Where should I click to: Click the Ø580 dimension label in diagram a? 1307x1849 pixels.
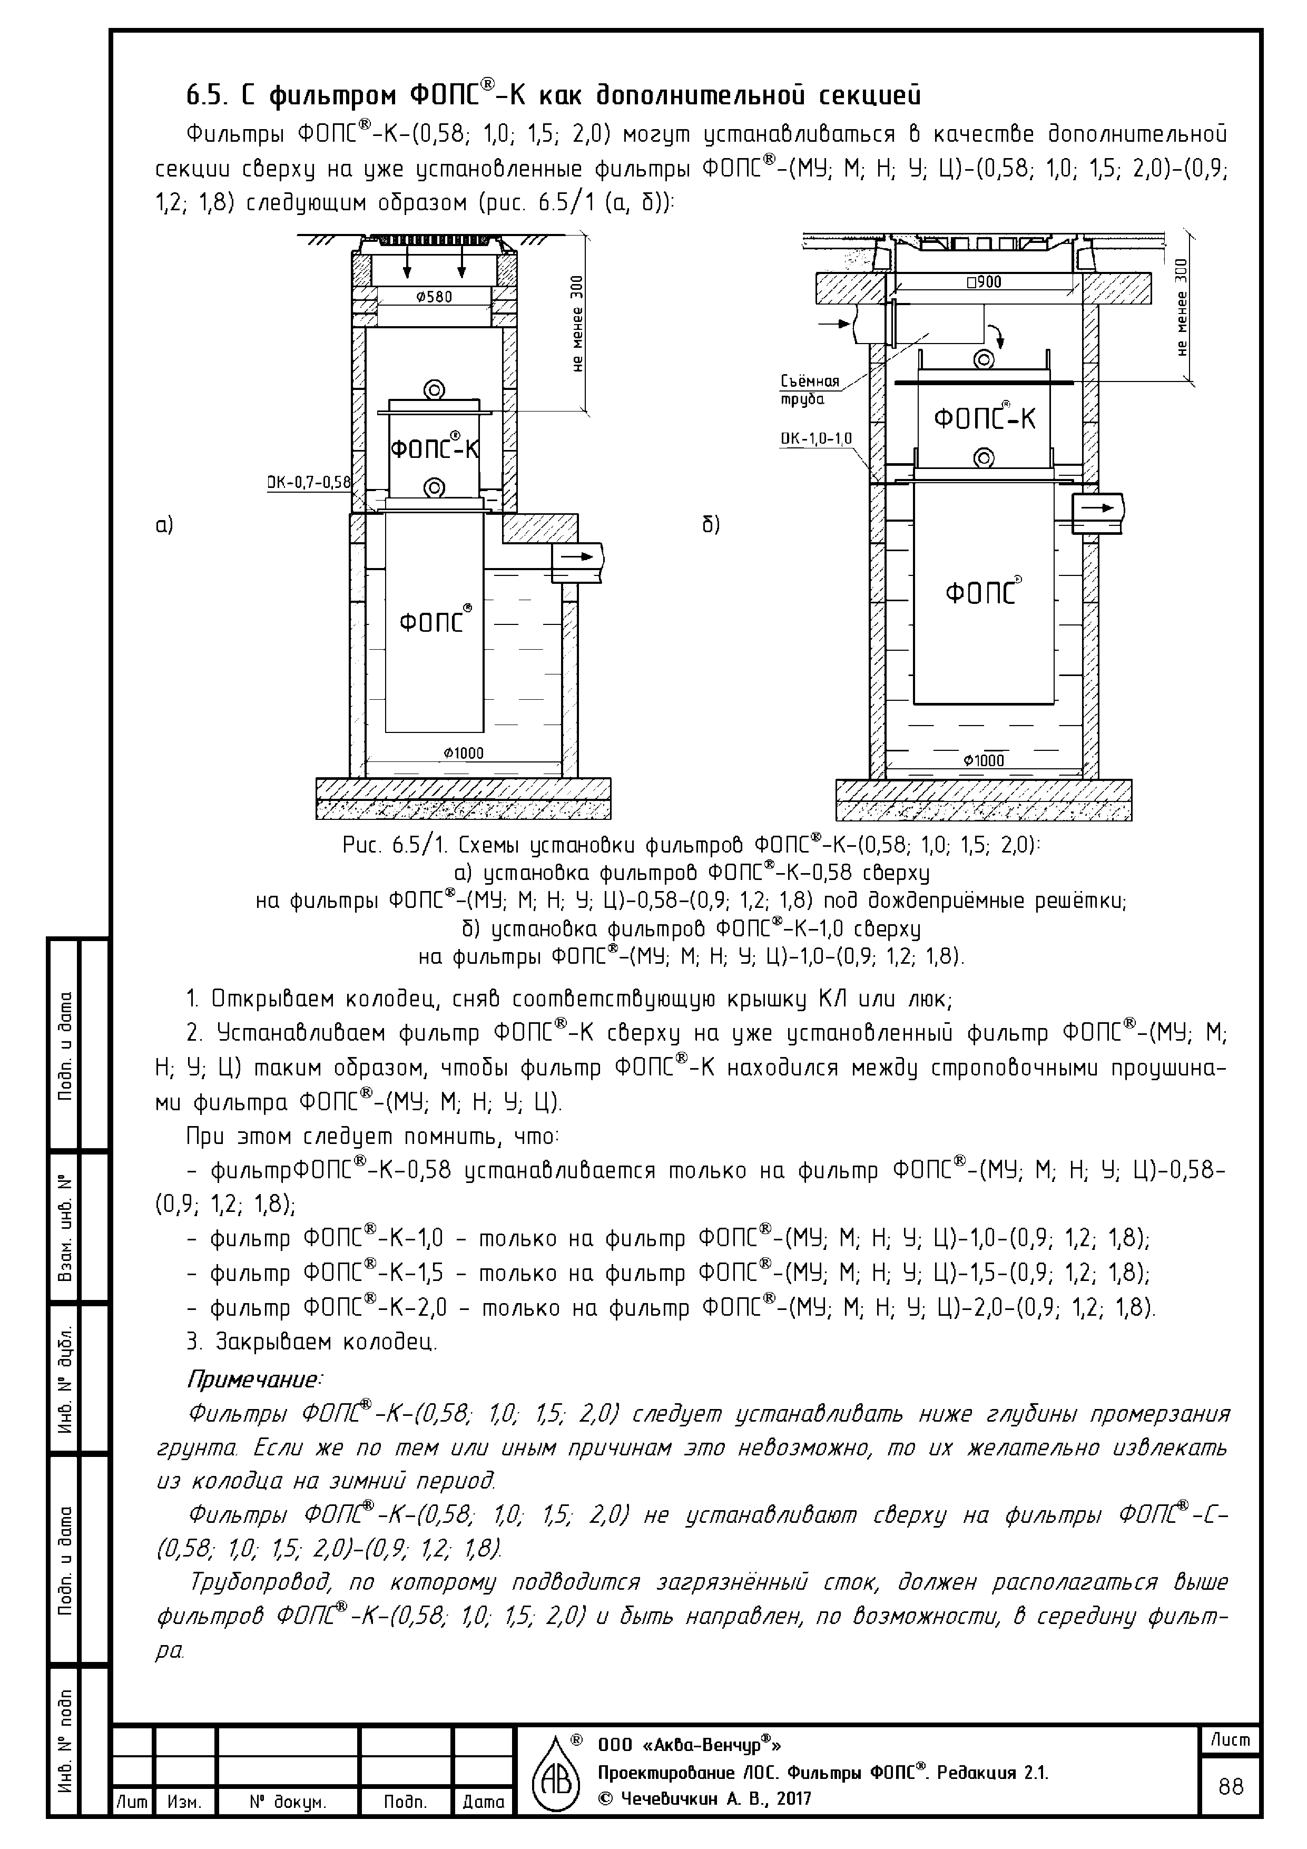coord(434,296)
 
